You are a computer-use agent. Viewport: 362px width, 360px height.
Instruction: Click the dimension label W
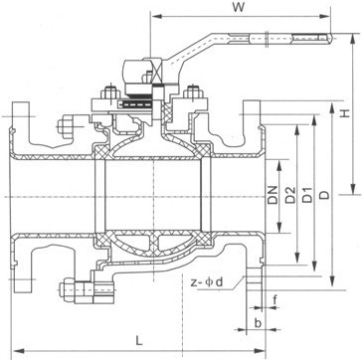tap(238, 7)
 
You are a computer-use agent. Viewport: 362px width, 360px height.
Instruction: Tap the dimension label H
tap(345, 113)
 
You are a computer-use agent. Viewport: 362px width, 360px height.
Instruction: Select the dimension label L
tap(139, 340)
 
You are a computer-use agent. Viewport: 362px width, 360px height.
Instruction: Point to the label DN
tap(272, 195)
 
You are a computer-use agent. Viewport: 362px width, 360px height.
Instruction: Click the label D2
tap(290, 195)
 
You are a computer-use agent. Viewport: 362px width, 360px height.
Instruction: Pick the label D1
tap(307, 195)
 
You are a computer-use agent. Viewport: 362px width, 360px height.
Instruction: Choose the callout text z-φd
tap(207, 282)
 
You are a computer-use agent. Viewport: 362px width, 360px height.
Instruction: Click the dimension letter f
tap(274, 300)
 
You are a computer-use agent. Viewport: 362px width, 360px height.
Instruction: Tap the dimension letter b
tap(258, 323)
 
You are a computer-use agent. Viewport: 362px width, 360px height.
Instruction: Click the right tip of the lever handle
tap(331, 38)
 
